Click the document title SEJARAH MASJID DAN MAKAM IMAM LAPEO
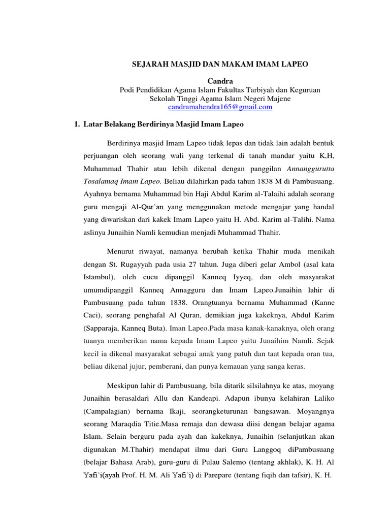[220, 65]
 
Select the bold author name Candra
[220, 81]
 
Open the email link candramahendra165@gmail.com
[220, 107]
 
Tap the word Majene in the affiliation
[277, 99]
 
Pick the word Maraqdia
[131, 423]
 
